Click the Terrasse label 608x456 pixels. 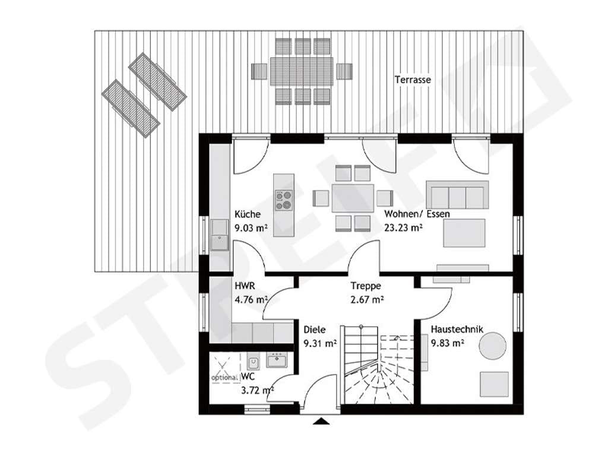(x=413, y=80)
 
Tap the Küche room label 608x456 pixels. (x=248, y=214)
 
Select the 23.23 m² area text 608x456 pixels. (x=403, y=227)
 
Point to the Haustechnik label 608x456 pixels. (x=457, y=330)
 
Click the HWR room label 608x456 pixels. (x=245, y=286)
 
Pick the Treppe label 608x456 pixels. (x=366, y=286)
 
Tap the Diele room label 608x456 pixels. (x=315, y=330)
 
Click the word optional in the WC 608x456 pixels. (x=224, y=377)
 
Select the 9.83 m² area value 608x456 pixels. (x=448, y=343)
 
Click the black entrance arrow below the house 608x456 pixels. (x=321, y=421)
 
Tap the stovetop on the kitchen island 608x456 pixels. (x=284, y=200)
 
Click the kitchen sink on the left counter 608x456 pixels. (x=220, y=235)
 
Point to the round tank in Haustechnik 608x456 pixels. (x=492, y=346)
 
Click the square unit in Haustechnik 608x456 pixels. (x=494, y=384)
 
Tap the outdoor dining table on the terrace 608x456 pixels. (x=302, y=71)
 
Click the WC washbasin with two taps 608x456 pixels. (x=277, y=360)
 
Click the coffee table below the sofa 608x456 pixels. (x=464, y=233)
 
